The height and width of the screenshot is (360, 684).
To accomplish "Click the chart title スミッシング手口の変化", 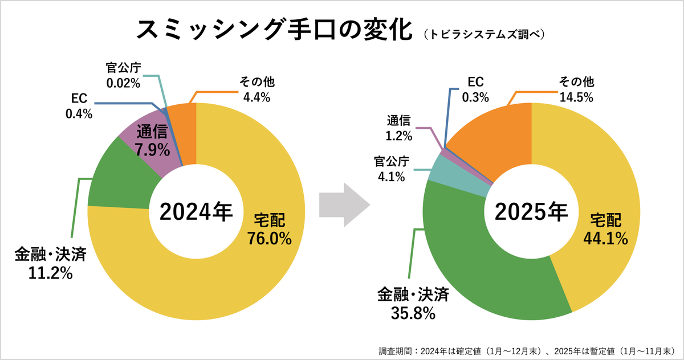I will [274, 30].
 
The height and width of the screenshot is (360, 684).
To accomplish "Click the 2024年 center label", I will [196, 212].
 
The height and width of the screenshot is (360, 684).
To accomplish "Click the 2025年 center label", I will [531, 212].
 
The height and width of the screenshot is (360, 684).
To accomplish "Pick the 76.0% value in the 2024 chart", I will [270, 238].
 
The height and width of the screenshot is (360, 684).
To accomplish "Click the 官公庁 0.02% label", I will [123, 75].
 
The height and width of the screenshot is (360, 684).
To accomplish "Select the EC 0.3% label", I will [475, 89].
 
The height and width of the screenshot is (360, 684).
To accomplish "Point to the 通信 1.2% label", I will [399, 128].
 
